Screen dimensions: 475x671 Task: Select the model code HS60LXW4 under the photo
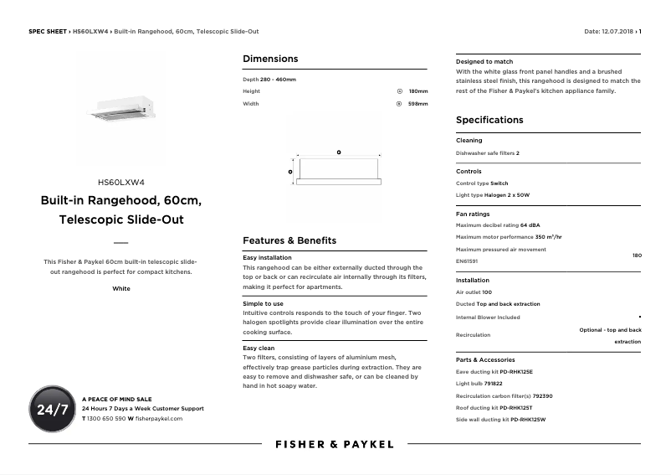click(x=121, y=182)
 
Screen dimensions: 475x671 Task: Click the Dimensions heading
click(x=270, y=59)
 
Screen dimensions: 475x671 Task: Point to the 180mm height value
click(x=417, y=91)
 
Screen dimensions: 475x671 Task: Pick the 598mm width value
click(x=417, y=104)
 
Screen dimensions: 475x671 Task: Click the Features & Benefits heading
click(x=289, y=240)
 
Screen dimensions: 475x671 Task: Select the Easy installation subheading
click(x=267, y=258)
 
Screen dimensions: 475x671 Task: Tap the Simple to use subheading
click(x=263, y=303)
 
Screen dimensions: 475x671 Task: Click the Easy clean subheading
click(x=259, y=348)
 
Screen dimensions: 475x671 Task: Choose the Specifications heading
click(x=489, y=120)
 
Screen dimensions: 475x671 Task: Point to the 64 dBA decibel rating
click(x=530, y=225)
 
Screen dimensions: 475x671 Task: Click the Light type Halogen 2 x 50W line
click(x=493, y=195)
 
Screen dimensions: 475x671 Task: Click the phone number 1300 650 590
click(x=105, y=418)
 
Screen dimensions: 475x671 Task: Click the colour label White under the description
click(x=121, y=288)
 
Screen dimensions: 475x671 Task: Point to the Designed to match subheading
click(x=484, y=62)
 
